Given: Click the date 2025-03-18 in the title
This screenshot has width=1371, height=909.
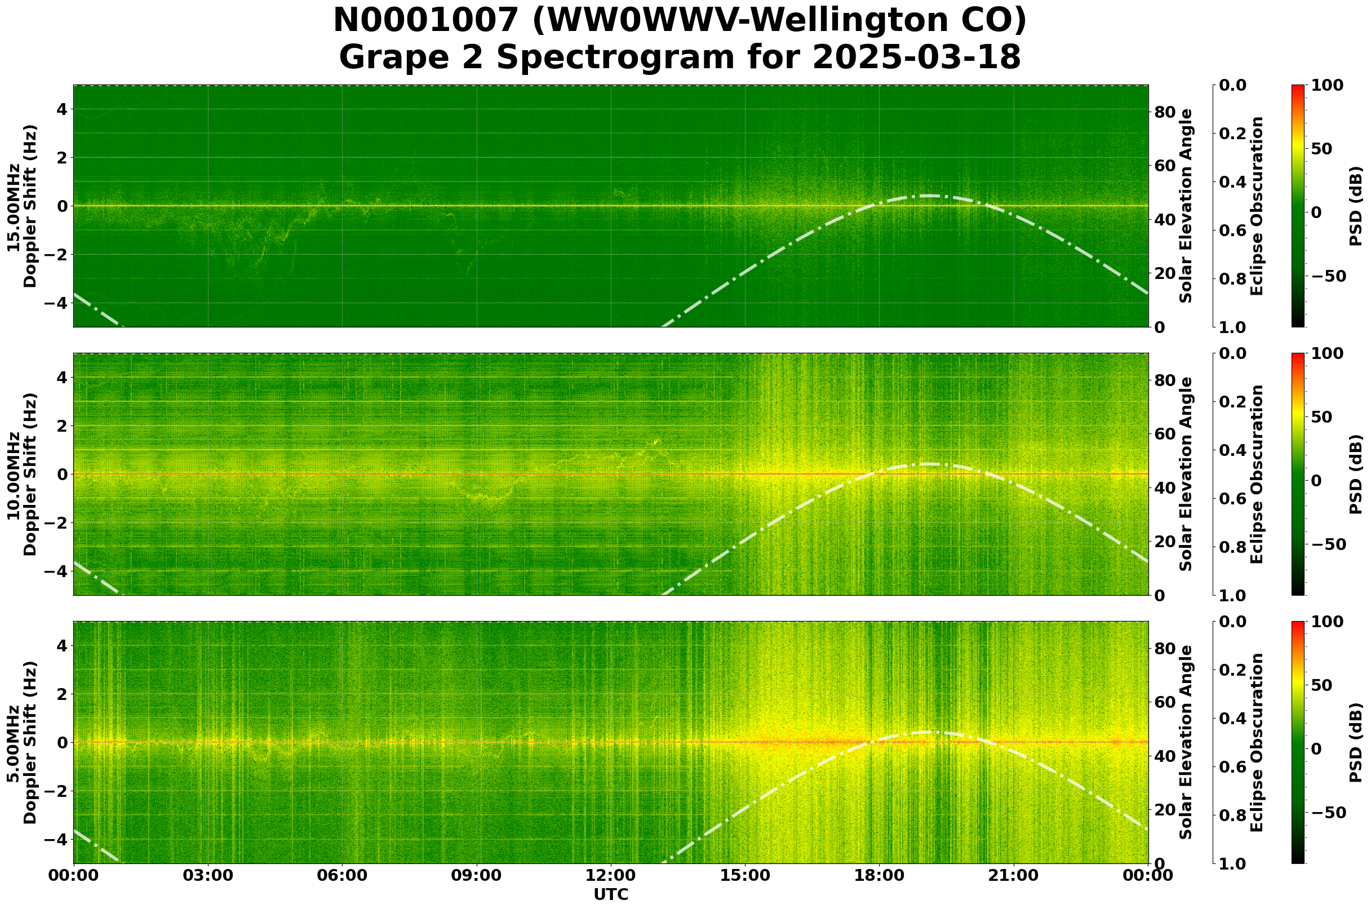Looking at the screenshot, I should (916, 58).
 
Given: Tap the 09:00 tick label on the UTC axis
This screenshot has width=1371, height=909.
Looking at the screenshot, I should (476, 875).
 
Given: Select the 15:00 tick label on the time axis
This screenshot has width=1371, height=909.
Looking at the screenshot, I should (744, 875).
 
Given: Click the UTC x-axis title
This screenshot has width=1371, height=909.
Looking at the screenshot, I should (610, 894).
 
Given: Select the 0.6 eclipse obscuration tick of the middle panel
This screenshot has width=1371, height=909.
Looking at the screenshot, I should (1236, 499).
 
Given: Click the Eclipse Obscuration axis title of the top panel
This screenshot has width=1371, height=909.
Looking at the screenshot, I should (1256, 206).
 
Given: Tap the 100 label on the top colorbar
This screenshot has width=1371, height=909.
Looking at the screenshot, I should (1326, 85).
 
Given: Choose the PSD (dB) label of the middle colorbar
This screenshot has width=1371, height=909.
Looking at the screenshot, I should (1355, 474).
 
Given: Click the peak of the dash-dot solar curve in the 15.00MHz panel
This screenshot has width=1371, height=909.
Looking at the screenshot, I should (929, 196).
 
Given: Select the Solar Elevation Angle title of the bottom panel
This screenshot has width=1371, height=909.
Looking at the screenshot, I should (1186, 743).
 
